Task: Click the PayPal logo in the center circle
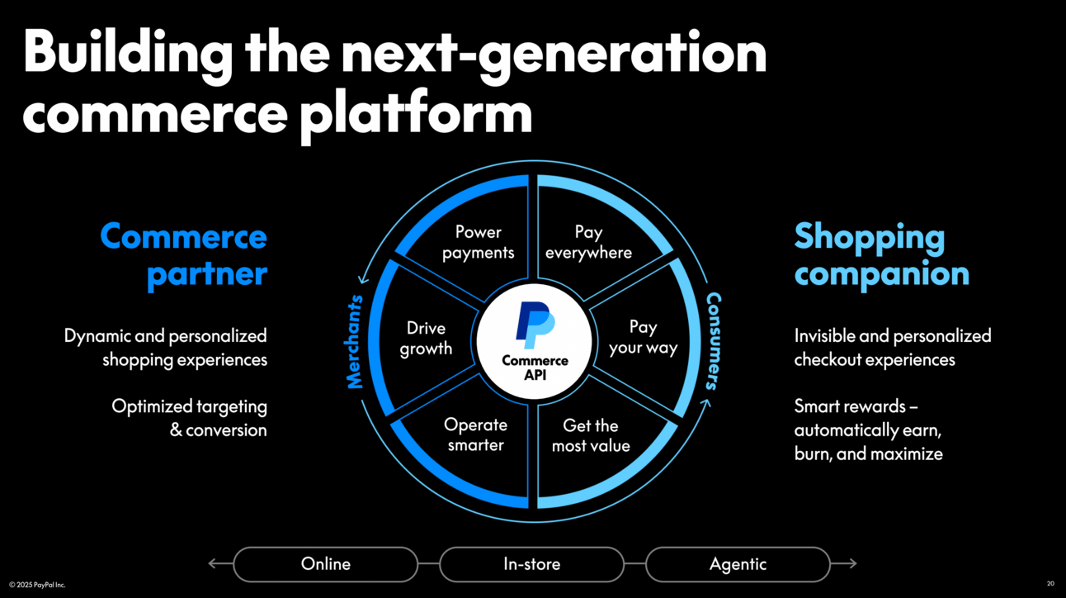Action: click(535, 325)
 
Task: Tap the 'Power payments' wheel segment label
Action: click(478, 242)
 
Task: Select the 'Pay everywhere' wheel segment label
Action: click(588, 242)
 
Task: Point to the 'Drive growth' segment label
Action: click(426, 338)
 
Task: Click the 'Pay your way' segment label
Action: click(643, 337)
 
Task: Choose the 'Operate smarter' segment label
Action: click(475, 434)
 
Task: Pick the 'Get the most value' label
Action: click(591, 435)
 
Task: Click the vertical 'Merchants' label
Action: click(355, 341)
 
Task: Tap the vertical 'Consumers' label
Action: click(713, 340)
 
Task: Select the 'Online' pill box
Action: click(326, 564)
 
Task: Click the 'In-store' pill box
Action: click(532, 564)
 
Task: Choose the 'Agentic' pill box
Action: click(738, 564)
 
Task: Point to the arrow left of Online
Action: click(219, 564)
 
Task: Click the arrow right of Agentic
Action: click(844, 564)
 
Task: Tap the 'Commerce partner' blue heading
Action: click(184, 255)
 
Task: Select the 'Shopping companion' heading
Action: click(880, 255)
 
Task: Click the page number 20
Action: click(1050, 584)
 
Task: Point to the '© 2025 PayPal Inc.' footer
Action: click(37, 585)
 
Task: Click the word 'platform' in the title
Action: click(416, 113)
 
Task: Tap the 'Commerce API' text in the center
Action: click(535, 368)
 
